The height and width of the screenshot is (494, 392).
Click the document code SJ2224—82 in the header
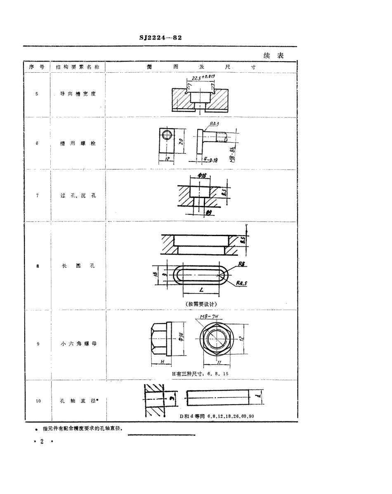[x=161, y=37]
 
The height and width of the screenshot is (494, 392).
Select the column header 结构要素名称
[x=77, y=67]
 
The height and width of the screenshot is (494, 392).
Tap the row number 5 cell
[x=37, y=94]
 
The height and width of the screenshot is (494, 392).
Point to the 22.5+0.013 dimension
[x=204, y=77]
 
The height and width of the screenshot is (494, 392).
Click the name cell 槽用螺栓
[x=78, y=143]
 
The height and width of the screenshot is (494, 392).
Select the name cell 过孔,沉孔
[x=78, y=196]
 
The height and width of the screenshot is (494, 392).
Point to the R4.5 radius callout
[x=242, y=283]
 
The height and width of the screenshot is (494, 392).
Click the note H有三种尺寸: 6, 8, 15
[x=200, y=373]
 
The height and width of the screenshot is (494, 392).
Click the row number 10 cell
[x=38, y=401]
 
